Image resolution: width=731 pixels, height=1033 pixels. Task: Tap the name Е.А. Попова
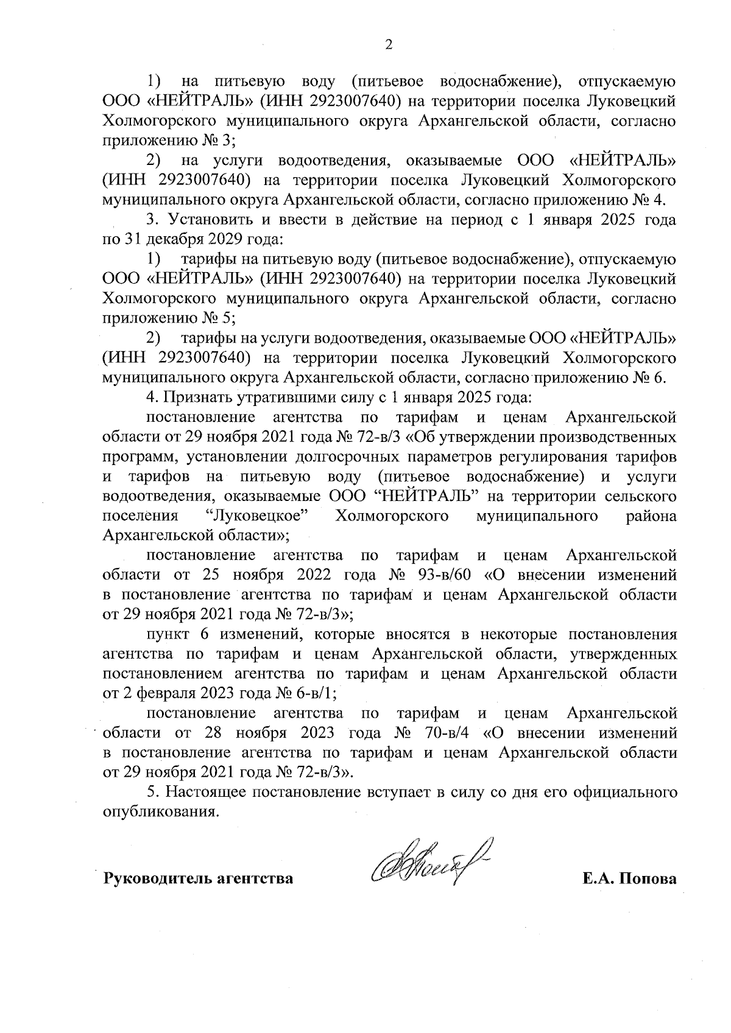tap(629, 879)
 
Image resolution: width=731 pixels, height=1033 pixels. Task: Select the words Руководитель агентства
tap(198, 879)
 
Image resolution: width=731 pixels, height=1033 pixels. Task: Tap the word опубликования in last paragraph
tap(160, 811)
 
